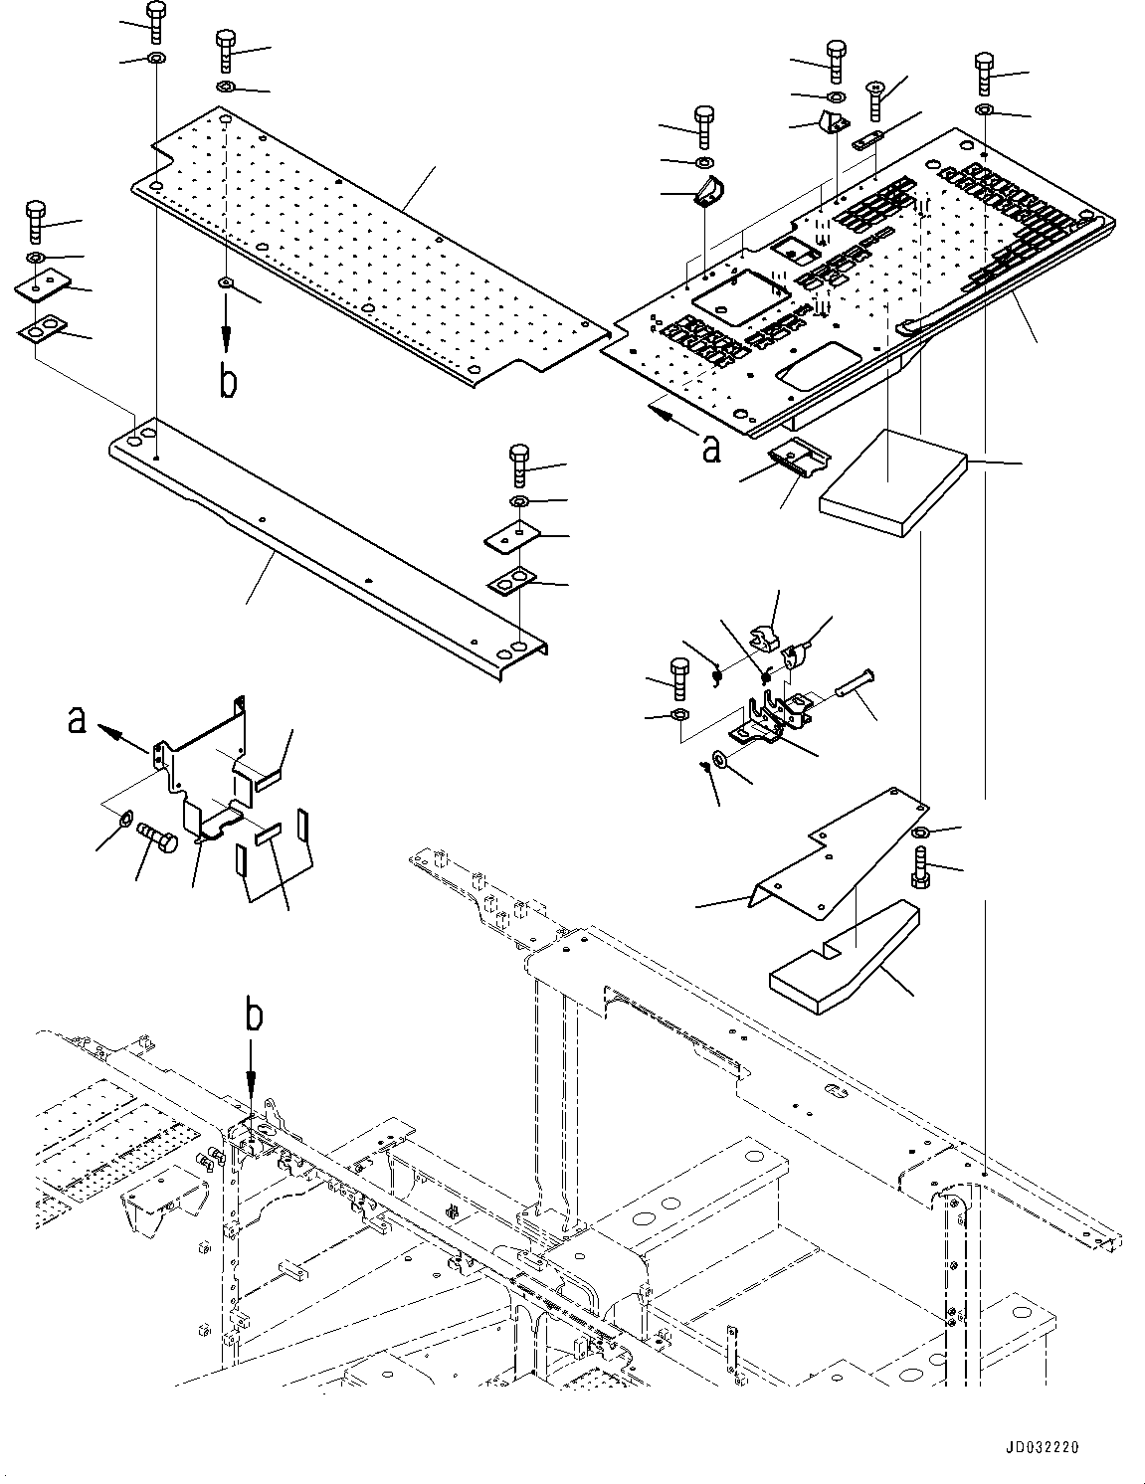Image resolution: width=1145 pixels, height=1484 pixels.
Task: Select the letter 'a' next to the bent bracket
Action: (x=77, y=719)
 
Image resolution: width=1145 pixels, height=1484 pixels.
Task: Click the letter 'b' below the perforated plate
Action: (x=228, y=383)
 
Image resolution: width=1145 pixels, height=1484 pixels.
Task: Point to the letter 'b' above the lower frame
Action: (x=255, y=1017)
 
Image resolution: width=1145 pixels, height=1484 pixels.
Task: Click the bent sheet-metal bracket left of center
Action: (x=209, y=766)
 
